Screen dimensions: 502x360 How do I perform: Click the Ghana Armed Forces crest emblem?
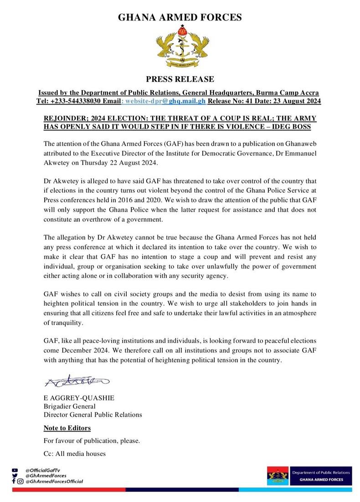(180, 47)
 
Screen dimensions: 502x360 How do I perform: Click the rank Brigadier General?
(69, 406)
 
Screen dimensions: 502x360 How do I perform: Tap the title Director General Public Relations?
(93, 415)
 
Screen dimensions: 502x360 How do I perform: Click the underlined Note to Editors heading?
(67, 428)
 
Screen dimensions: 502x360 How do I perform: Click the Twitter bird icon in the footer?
(15, 475)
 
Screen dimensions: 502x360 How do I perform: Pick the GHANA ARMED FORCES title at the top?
(180, 18)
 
